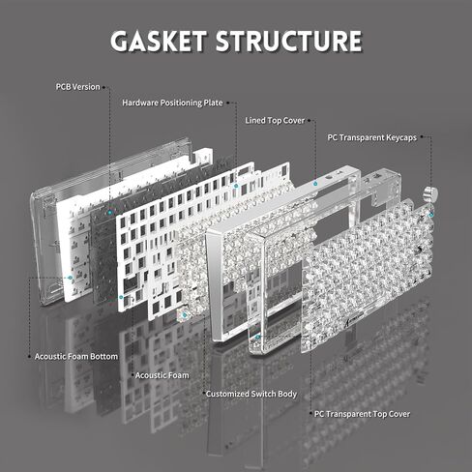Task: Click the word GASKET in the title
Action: click(159, 41)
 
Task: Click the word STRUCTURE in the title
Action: click(289, 41)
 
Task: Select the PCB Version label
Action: click(77, 87)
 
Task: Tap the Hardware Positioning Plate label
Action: click(172, 103)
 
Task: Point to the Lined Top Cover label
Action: click(275, 121)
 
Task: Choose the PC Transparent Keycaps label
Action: click(372, 137)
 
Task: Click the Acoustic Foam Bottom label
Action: click(76, 357)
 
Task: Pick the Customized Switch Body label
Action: click(251, 394)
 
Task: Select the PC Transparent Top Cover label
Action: click(362, 414)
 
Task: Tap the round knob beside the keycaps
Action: click(430, 193)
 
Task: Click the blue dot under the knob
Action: click(431, 215)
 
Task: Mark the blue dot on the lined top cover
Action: click(315, 184)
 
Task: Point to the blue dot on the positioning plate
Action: click(236, 186)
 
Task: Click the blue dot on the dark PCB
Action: click(110, 212)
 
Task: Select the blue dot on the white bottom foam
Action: click(70, 278)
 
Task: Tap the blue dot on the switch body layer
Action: click(185, 314)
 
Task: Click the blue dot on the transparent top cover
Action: click(257, 338)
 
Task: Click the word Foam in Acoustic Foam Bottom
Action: click(77, 357)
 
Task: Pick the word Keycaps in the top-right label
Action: click(401, 137)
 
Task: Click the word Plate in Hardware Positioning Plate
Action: click(213, 103)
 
